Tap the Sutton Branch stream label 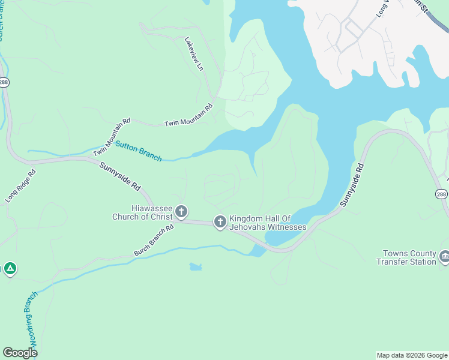[138, 151]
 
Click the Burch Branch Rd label [154, 240]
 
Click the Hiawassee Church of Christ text [142, 212]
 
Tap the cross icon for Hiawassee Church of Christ [181, 212]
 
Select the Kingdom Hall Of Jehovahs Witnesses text [268, 223]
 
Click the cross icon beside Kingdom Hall [220, 223]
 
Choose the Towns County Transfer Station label [406, 258]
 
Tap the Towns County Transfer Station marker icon [444, 257]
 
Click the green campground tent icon [9, 269]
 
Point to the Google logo [20, 353]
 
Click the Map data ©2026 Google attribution [411, 355]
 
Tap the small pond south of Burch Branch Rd [196, 266]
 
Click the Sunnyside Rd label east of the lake [352, 185]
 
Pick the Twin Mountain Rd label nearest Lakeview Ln [188, 116]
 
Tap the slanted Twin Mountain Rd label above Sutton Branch [112, 137]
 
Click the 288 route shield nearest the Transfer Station [441, 194]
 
